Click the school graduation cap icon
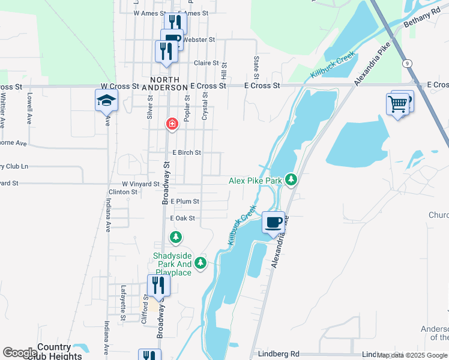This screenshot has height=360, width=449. coord(106,100)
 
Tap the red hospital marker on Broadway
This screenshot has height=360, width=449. coord(172,124)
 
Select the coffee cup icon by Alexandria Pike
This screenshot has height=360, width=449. coord(273,222)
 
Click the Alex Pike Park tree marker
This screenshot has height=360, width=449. coord(291,179)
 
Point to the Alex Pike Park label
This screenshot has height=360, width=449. coord(255,181)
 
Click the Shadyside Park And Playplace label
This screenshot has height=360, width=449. coord(172,265)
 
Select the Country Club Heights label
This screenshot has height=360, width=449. coord(59,352)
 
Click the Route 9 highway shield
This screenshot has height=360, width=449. coord(407,63)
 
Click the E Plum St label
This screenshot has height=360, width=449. coord(184,202)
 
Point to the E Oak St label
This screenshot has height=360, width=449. coord(183,218)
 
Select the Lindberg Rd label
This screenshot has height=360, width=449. coord(279,355)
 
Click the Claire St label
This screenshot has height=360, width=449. coord(206,63)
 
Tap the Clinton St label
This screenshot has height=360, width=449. coord(122,192)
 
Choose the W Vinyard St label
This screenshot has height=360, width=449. coord(140,184)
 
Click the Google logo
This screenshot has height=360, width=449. coord(20,353)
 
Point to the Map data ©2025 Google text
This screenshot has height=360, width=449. coord(412,355)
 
